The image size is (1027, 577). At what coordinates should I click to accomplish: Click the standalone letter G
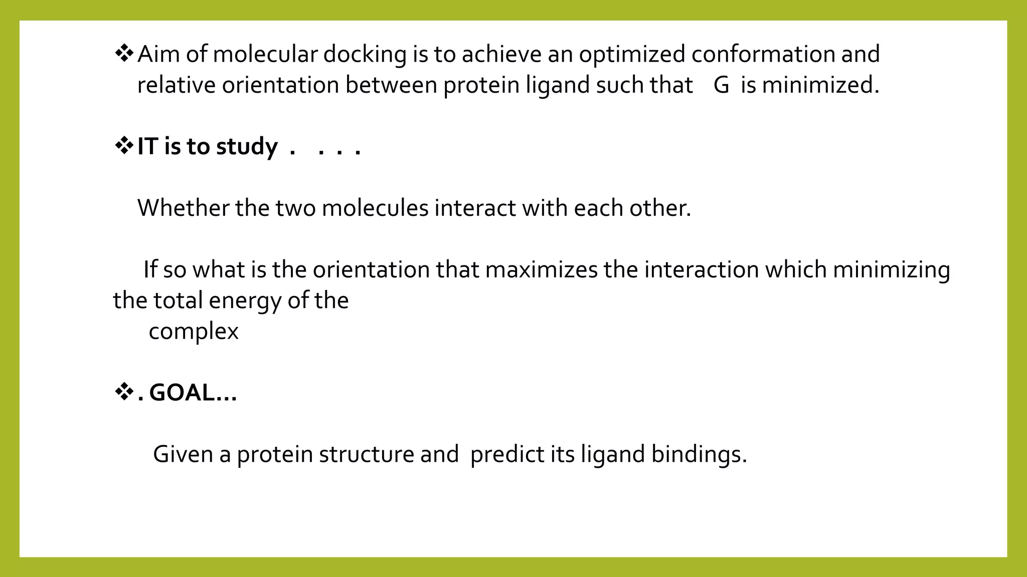(721, 85)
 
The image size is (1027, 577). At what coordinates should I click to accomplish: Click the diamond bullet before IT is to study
(123, 146)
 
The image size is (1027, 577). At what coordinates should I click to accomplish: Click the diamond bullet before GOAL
(123, 392)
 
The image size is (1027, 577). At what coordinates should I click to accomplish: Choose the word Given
(183, 455)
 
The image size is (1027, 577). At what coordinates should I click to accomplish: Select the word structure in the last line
(366, 455)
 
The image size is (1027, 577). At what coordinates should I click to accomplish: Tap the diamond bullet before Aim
(123, 53)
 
